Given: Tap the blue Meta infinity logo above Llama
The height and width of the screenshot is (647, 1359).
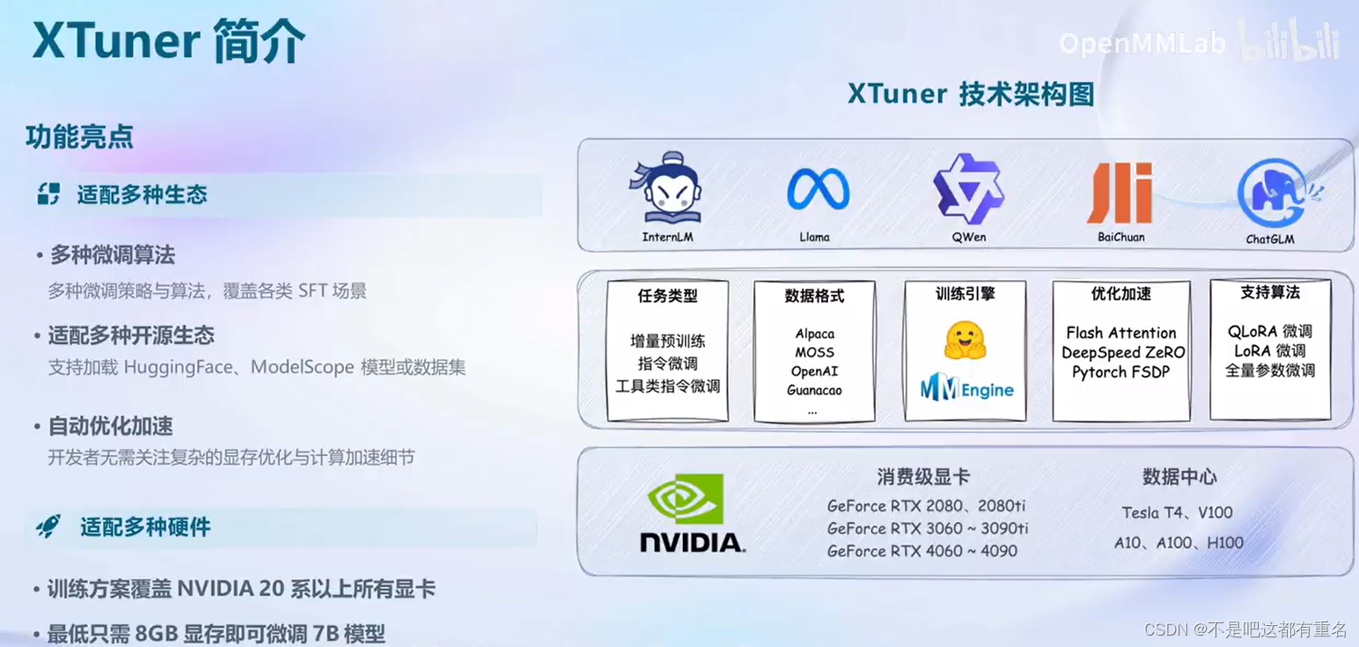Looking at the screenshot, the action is [x=818, y=190].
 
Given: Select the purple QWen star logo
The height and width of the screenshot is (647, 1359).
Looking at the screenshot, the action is [x=967, y=188].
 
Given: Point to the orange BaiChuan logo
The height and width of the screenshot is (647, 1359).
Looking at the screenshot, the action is [x=1120, y=193].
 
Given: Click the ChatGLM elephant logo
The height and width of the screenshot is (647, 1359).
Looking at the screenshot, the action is [x=1272, y=194].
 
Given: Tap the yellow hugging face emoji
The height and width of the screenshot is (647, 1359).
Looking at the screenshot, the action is [x=965, y=340].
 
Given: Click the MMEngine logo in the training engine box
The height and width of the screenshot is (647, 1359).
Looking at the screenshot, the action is [x=967, y=388].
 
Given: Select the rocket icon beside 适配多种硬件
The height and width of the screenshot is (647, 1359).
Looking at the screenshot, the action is [x=48, y=526].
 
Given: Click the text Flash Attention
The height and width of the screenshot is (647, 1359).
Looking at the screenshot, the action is [x=1120, y=333].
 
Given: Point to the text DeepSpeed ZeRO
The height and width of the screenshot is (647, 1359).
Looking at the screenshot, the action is [x=1123, y=352].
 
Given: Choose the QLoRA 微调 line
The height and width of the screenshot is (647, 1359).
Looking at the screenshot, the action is [x=1269, y=331].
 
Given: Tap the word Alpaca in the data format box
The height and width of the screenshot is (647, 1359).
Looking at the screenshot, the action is [x=814, y=334].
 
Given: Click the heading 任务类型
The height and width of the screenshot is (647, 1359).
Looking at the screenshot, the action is [x=667, y=296].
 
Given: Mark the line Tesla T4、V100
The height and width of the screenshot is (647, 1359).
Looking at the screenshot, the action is [x=1177, y=512].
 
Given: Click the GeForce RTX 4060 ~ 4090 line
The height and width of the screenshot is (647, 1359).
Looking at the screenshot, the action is [x=922, y=551].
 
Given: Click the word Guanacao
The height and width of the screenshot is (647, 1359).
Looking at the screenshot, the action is [x=814, y=390].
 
